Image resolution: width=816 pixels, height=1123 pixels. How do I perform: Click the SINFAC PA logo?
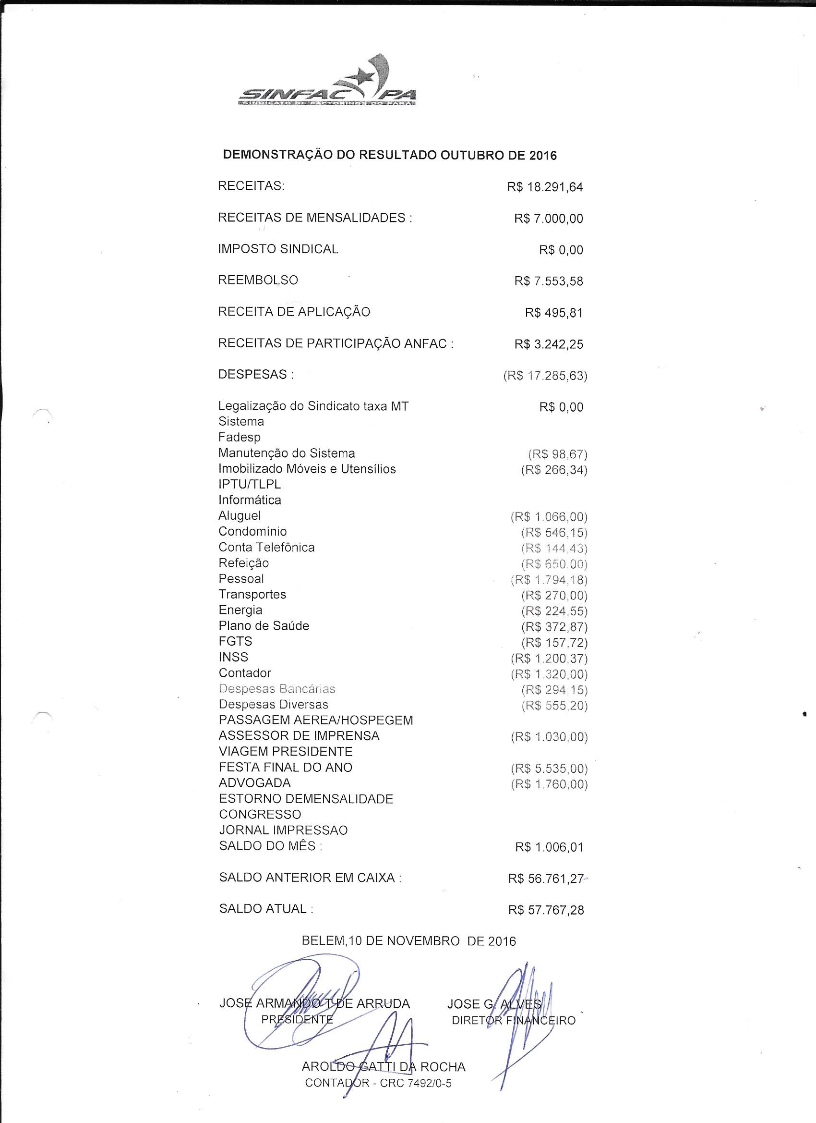(326, 84)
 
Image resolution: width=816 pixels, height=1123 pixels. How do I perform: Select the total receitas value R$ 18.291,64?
(545, 188)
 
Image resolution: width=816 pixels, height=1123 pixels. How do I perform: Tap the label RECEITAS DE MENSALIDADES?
(315, 218)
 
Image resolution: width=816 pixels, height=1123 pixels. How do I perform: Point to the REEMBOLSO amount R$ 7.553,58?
(548, 281)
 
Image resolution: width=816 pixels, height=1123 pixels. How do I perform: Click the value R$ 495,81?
(554, 313)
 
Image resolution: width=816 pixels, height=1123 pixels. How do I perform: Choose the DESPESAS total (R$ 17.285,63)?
(545, 376)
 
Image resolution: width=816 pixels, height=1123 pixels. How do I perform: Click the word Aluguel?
(240, 515)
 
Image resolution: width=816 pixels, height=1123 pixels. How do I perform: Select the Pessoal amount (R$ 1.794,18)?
(549, 580)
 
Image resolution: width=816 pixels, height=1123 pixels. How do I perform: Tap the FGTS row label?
(236, 641)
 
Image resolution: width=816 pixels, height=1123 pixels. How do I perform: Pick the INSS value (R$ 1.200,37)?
(549, 659)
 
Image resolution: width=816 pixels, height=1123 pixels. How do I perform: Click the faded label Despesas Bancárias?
(277, 689)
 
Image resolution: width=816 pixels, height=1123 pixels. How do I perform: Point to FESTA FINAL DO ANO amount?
(549, 769)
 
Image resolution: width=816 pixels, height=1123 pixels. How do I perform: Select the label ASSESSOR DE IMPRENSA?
(299, 736)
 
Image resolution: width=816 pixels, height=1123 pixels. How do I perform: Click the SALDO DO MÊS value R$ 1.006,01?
(549, 847)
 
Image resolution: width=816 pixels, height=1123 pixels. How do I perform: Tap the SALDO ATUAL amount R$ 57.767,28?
(546, 910)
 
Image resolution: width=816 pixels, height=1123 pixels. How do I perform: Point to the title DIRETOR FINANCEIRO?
(514, 1021)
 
